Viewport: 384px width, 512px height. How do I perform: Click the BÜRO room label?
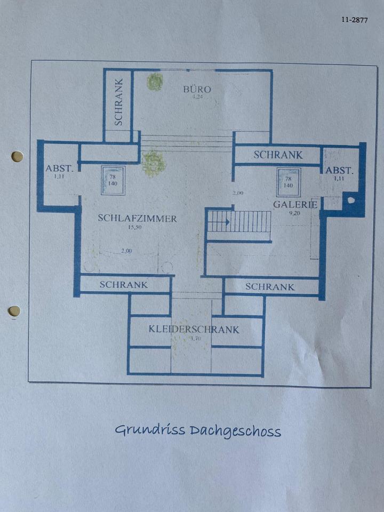(197, 89)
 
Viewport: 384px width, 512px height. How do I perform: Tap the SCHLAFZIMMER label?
(138, 219)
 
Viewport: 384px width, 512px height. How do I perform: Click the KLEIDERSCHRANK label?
(194, 330)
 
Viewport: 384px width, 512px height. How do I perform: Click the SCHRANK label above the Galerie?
(278, 155)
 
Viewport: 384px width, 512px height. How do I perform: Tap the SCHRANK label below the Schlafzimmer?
(124, 284)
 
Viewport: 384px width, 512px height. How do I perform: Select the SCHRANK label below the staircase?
(270, 287)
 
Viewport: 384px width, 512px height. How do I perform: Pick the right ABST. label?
(340, 171)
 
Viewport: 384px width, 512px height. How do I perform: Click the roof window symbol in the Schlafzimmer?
(113, 180)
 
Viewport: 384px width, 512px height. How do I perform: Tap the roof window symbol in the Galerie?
(288, 182)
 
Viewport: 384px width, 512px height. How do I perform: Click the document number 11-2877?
(354, 20)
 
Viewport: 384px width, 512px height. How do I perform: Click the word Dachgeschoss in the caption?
(235, 431)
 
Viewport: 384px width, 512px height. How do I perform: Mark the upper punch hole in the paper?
(17, 156)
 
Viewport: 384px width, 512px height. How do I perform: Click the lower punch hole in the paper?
(14, 310)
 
